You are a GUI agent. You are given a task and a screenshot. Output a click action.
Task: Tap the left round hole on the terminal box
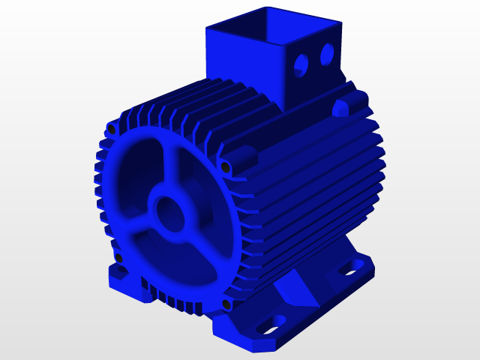pos(301,65)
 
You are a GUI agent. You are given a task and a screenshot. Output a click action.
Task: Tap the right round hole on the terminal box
pos(327,53)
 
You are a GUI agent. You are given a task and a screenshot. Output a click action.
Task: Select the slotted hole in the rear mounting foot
pos(349,268)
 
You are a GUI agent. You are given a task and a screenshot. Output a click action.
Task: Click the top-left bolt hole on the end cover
pos(112,130)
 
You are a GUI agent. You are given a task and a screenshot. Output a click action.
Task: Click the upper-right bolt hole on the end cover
pos(225,166)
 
